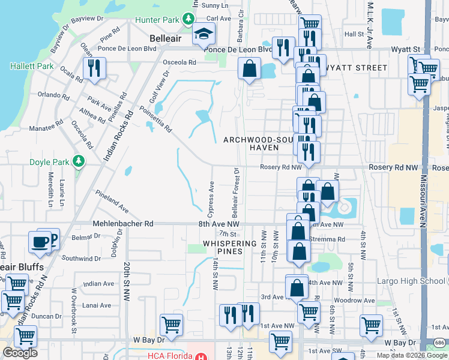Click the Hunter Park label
tap(157, 20)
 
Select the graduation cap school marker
tap(203, 35)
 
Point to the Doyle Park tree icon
tap(78, 161)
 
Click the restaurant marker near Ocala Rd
tap(94, 68)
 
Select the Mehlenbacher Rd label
tap(124, 223)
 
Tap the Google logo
tap(20, 353)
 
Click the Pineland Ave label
tap(112, 201)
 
